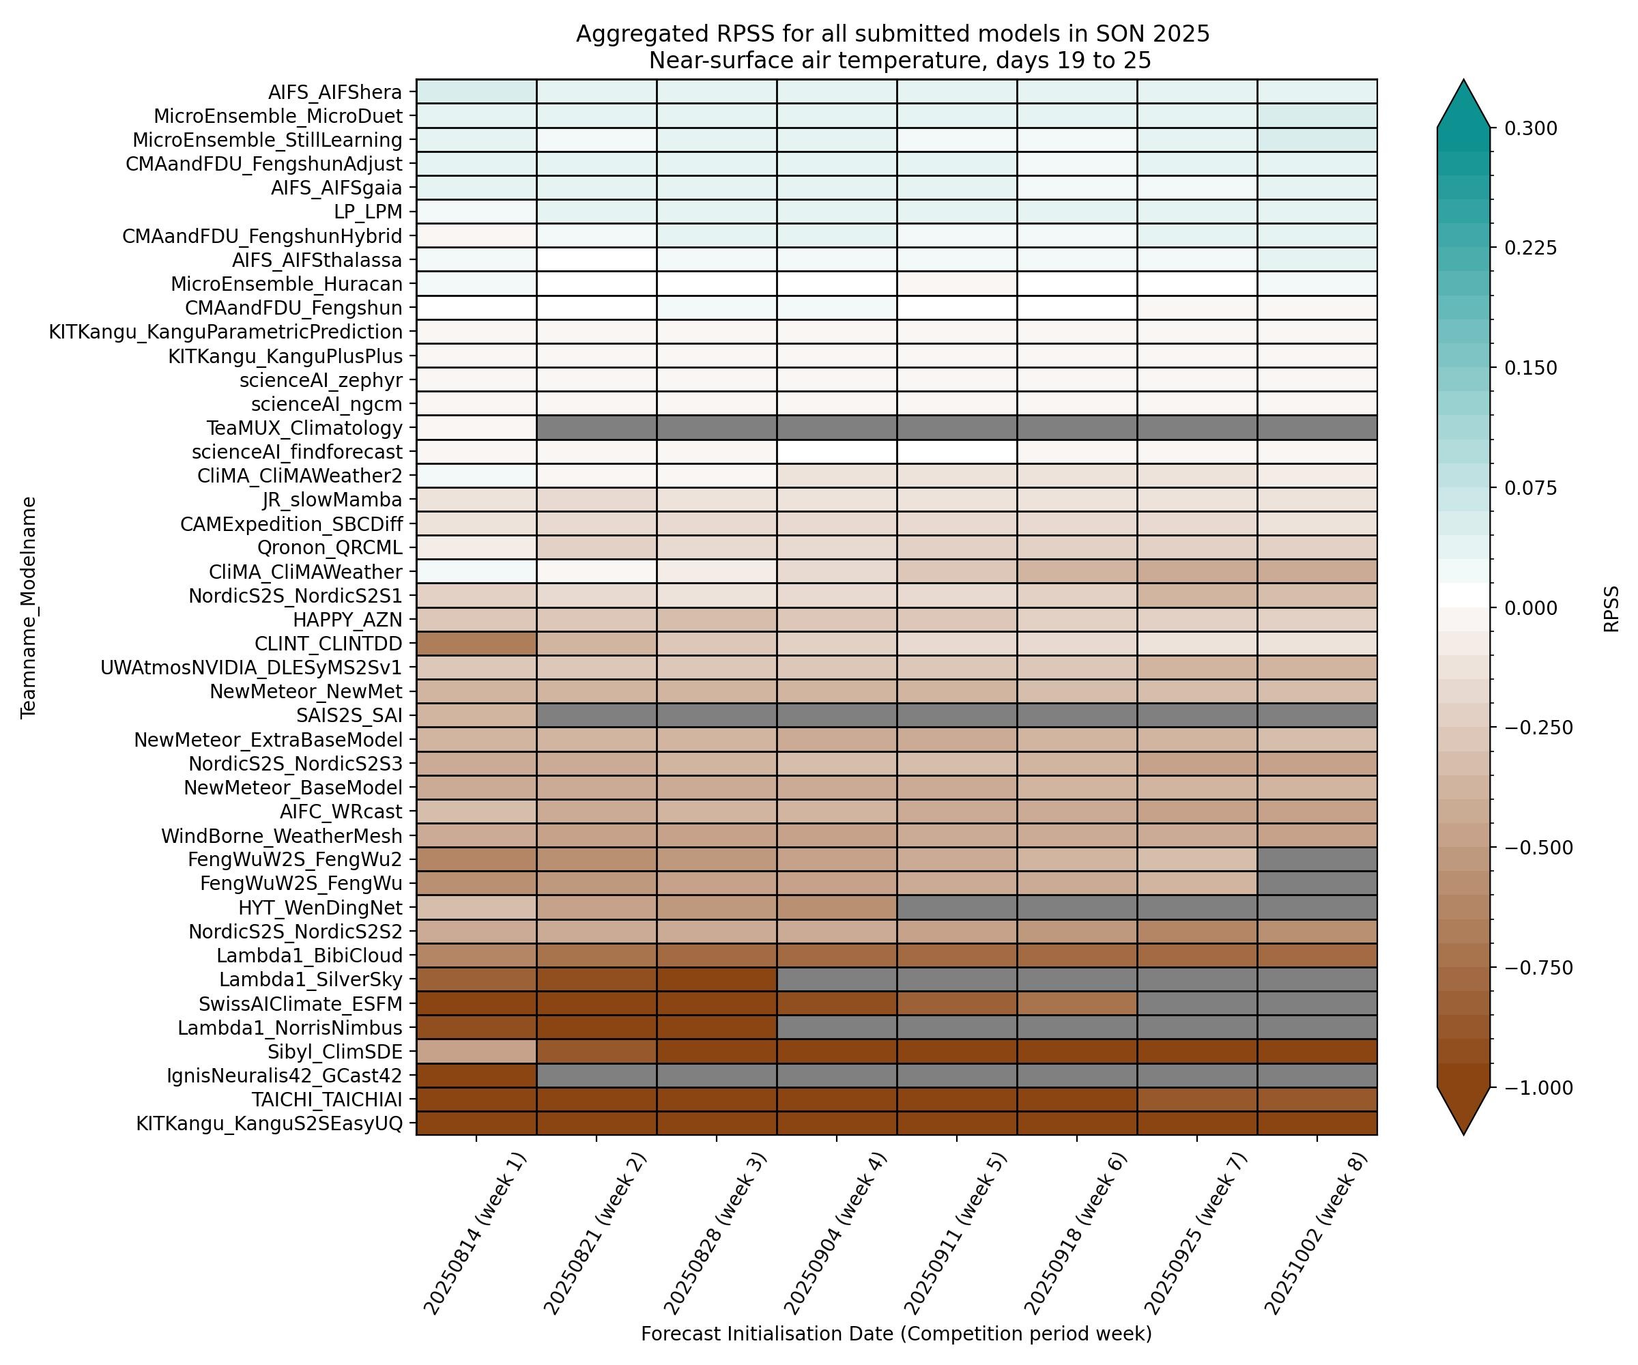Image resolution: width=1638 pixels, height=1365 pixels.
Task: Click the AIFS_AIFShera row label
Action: click(334, 92)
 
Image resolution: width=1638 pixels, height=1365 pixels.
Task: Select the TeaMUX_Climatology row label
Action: click(304, 428)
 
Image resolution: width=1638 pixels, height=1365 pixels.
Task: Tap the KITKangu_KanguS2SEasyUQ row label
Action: click(269, 1123)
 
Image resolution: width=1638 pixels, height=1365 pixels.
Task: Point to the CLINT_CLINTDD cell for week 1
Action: click(476, 644)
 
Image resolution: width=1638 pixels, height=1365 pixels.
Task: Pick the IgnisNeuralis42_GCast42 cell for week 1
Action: click(476, 1076)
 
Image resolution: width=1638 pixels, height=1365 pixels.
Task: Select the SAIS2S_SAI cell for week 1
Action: click(476, 715)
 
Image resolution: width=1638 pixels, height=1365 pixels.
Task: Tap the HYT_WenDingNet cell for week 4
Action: click(836, 908)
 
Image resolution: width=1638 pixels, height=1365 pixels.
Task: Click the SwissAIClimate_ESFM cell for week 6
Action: click(1076, 1003)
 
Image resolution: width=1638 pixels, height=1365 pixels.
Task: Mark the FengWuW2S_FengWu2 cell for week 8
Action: click(1317, 859)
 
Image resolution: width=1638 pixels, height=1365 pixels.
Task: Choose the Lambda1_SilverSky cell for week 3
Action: click(716, 979)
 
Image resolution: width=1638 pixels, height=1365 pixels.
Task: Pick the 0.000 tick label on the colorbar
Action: click(1530, 608)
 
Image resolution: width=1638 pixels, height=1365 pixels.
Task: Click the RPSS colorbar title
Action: click(1611, 608)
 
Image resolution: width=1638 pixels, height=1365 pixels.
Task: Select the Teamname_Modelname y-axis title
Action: click(29, 607)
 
